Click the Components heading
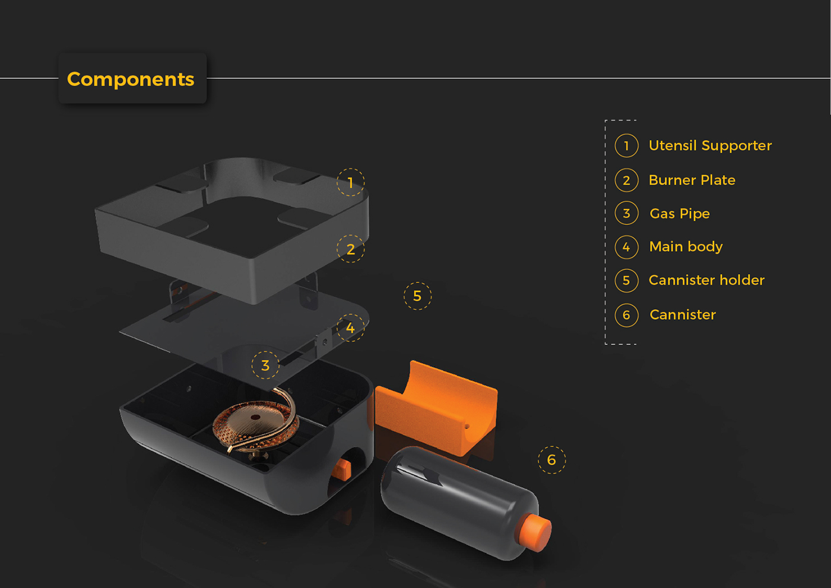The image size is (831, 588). [131, 79]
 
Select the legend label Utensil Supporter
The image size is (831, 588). [710, 145]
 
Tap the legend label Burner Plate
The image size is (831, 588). [692, 180]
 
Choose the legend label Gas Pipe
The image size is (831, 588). [680, 214]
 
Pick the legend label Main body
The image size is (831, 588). [686, 246]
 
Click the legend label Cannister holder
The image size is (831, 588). [706, 280]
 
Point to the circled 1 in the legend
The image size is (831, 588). [626, 145]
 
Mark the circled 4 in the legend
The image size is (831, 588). [626, 247]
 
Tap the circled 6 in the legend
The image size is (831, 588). [626, 315]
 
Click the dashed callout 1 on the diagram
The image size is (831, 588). [350, 182]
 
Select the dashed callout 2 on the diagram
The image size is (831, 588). [350, 249]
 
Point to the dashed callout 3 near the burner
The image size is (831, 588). [265, 365]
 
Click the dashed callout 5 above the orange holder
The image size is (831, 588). [417, 295]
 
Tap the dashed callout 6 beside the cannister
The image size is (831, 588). [551, 460]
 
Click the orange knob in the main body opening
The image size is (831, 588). [342, 469]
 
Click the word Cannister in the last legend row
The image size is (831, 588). [683, 315]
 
